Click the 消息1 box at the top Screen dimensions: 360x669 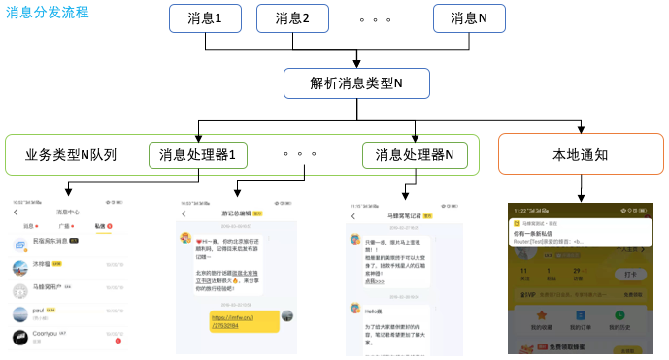203,18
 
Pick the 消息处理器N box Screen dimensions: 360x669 415,154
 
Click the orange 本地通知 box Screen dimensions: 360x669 581,154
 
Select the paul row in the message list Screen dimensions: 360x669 68,312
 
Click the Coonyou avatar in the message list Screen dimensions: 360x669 19,337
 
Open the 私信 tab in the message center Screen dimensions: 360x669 100,225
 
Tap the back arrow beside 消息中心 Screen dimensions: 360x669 16,212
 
